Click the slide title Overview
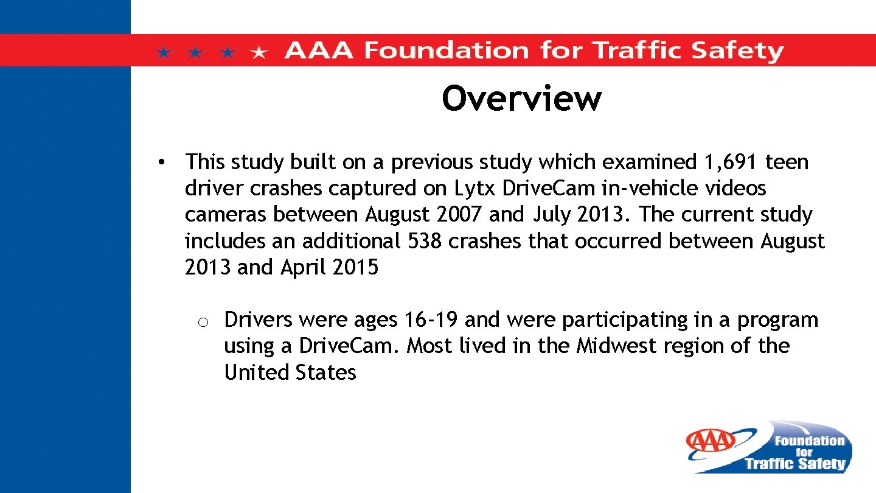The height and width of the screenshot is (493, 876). (x=521, y=98)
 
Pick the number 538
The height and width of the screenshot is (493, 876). (x=423, y=241)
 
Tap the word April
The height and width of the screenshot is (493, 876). (x=304, y=267)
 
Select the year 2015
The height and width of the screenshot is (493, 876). (x=355, y=267)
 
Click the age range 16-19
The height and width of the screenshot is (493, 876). (x=431, y=320)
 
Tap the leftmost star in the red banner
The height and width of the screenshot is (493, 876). (x=163, y=52)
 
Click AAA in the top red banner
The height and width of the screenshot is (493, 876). (x=318, y=50)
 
